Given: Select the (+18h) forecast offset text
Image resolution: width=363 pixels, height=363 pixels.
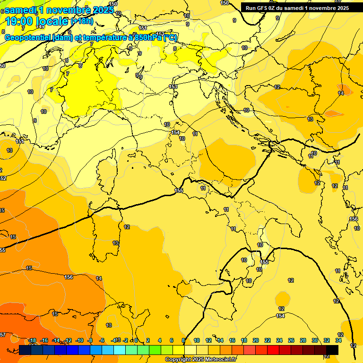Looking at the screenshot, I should [82, 21].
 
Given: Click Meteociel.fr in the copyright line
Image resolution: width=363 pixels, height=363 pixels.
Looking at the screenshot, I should [217, 360].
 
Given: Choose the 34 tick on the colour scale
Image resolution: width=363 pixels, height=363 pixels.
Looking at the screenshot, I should [338, 340].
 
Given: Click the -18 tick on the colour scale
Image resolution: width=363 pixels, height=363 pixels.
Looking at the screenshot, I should [32, 340].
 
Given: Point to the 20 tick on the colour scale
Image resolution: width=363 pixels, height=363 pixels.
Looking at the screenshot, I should [256, 340].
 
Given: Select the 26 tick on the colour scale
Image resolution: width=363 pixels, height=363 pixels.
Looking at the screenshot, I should [291, 340].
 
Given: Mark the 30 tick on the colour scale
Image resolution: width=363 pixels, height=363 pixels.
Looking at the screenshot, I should [315, 340].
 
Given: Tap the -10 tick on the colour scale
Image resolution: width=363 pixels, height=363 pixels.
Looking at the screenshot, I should [79, 340].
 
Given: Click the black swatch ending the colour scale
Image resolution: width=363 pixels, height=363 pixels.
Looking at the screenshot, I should [332, 350].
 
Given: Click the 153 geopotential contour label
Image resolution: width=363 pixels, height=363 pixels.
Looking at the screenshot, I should [173, 86].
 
